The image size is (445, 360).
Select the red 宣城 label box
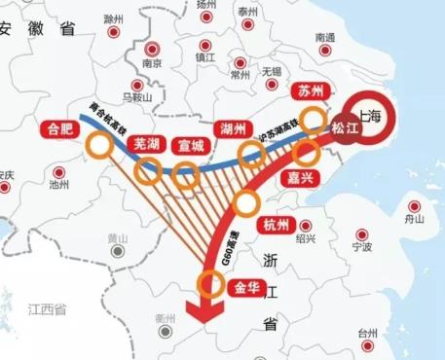pyautogui.click(x=191, y=146)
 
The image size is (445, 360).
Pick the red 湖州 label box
pyautogui.click(x=235, y=127)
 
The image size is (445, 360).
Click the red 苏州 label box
pyautogui.click(x=310, y=91)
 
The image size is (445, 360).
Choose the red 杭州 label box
pyautogui.click(x=277, y=226)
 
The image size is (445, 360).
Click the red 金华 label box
pyautogui.click(x=245, y=288)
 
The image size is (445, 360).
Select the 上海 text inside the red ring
pyautogui.click(x=371, y=115)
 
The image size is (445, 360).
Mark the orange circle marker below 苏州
pyautogui.click(x=315, y=120)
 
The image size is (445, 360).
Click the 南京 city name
pyautogui.click(x=151, y=64)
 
